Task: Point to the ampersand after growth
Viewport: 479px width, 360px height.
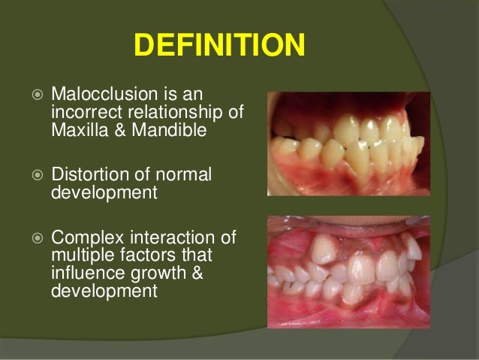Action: pyautogui.click(x=197, y=273)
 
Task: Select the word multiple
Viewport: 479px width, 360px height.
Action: pyautogui.click(x=81, y=256)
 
